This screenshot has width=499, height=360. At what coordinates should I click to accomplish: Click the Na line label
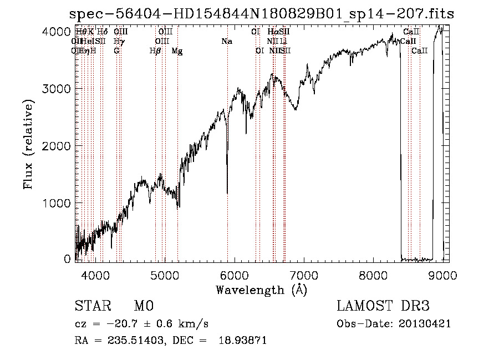point(226,41)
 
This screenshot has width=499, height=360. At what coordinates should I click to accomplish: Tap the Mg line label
point(177,50)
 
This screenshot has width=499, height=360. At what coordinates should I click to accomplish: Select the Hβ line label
point(155,50)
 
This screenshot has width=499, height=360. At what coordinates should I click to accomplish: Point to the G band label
point(116,50)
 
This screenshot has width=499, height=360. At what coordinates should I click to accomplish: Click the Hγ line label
point(118,41)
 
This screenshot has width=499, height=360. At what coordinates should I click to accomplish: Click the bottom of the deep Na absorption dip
point(227,192)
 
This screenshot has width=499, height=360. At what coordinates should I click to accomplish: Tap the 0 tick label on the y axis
point(67,259)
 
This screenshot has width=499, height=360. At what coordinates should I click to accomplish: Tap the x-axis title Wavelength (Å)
point(261,289)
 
